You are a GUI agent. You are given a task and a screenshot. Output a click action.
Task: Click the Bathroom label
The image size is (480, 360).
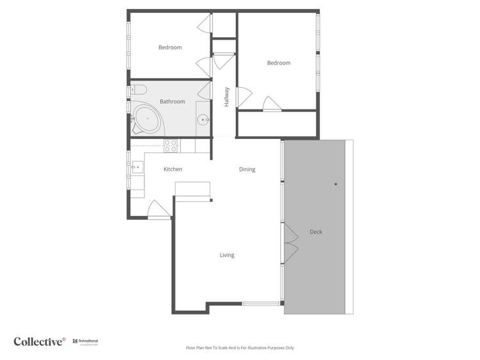172,101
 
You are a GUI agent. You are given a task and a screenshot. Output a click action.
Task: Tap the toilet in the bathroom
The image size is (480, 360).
138,90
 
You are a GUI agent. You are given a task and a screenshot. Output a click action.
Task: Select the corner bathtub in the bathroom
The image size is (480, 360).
146,121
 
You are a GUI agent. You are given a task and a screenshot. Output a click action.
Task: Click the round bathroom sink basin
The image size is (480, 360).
203,120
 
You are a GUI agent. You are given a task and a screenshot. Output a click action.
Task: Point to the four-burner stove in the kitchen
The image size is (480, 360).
170,145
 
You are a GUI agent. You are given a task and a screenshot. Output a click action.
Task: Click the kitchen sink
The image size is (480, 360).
137,168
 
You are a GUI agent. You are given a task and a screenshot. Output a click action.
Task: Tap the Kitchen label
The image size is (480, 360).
172,169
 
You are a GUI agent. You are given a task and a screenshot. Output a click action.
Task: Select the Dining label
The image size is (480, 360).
247,169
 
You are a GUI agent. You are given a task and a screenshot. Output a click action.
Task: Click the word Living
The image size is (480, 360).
227,255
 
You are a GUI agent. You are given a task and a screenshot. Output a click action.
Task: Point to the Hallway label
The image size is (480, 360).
226,97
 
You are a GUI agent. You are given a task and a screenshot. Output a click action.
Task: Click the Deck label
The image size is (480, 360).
316,232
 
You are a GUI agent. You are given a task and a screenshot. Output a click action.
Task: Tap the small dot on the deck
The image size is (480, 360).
335,184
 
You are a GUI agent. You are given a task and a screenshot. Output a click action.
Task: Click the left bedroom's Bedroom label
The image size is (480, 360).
170,47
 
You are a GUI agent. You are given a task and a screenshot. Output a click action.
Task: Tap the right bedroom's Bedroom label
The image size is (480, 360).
278,63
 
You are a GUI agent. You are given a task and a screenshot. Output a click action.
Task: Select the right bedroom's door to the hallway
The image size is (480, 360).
243,97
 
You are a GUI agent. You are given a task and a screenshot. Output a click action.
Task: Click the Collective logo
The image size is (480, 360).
40,341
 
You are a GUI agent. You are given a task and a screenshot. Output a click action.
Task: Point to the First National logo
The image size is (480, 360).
85,342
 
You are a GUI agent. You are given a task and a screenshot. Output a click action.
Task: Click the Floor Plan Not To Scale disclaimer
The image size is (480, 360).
240,348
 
